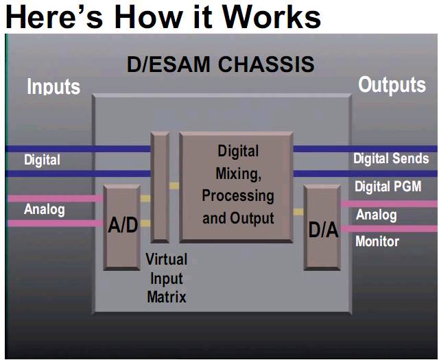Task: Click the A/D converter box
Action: [121, 226]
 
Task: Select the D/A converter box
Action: [322, 228]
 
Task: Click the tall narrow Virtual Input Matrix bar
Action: [160, 187]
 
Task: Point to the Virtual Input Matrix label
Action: [166, 278]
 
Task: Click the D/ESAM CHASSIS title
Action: [220, 64]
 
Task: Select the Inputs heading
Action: [54, 87]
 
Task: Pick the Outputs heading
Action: [392, 85]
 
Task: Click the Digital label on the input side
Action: [42, 160]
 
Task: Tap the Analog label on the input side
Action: [44, 209]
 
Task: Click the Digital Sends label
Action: [391, 159]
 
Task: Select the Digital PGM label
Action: [388, 187]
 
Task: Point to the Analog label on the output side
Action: [376, 215]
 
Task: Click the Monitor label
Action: [377, 241]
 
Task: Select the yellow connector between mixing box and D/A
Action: [298, 212]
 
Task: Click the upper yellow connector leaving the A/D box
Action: [145, 199]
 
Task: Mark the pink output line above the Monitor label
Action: [389, 230]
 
